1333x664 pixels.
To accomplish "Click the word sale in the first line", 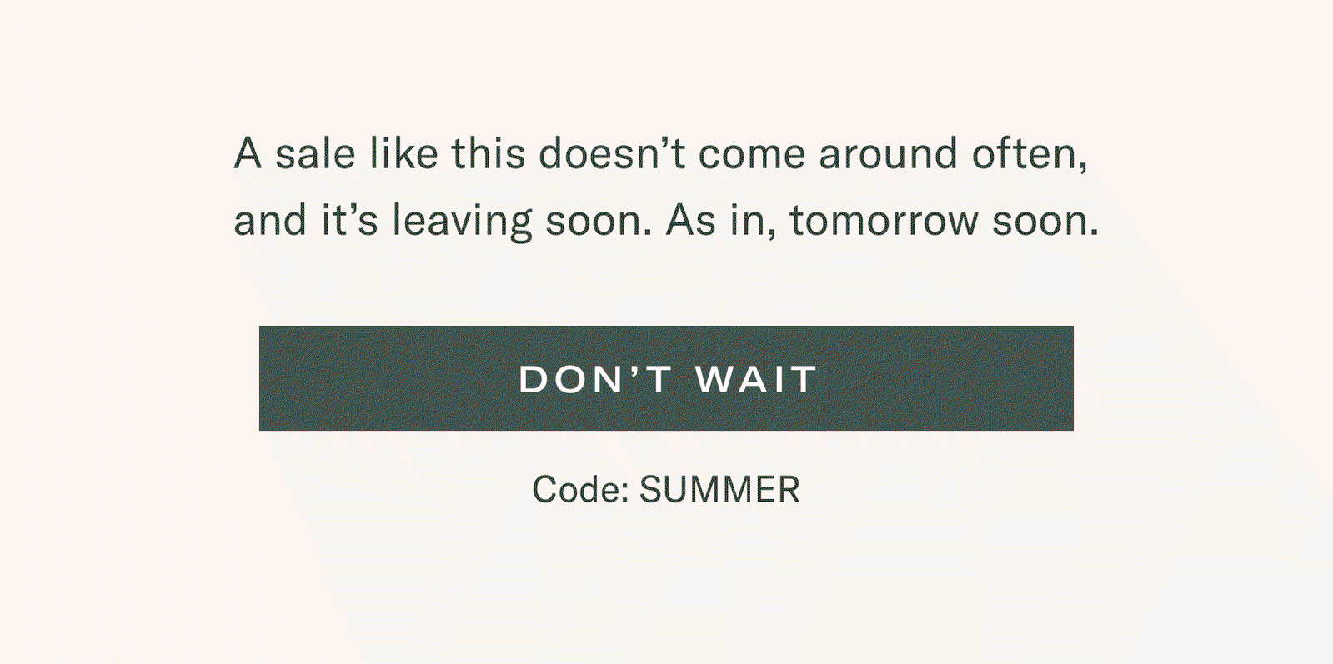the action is tap(315, 153).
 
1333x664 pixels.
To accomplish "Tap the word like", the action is tap(404, 153).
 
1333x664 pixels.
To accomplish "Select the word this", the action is tap(488, 153).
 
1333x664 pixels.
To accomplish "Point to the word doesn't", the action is tap(612, 153).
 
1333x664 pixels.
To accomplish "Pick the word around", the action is tap(888, 153).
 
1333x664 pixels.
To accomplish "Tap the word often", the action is tap(1030, 155).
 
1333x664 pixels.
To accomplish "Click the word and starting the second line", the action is tap(270, 220).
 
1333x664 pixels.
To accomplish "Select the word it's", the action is tap(349, 220).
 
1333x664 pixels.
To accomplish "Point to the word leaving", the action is tap(462, 222).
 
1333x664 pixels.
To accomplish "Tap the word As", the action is tap(690, 220).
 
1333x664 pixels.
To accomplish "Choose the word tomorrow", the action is tap(884, 221).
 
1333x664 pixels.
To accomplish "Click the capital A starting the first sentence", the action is tap(248, 153).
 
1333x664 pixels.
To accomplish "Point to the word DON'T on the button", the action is tap(596, 379).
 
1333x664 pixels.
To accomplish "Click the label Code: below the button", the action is tap(581, 490).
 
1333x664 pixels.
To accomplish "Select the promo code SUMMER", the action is tap(720, 490).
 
